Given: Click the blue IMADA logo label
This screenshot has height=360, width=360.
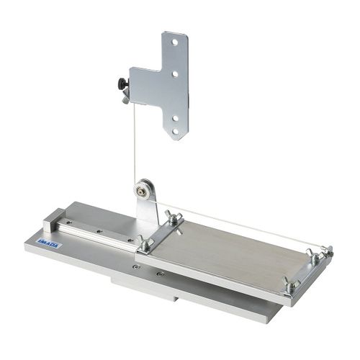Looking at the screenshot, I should coord(50,243).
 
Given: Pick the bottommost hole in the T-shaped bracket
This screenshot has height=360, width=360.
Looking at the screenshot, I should coord(174,120).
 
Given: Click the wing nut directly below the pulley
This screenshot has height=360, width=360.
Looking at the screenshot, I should coord(174,217).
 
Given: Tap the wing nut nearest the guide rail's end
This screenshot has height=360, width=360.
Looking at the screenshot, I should coord(145,243).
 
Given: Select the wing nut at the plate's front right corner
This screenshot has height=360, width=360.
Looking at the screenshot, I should coord(290,285).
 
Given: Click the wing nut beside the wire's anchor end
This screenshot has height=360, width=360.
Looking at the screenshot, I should coord(315,255).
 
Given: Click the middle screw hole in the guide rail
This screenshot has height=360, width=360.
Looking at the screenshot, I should coord(100,231).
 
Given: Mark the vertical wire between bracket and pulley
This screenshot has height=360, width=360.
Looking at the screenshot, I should coord(134,144).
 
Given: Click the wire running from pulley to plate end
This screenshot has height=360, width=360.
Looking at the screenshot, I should coord(238,224).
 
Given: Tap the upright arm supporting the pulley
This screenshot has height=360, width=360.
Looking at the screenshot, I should coord(147,212).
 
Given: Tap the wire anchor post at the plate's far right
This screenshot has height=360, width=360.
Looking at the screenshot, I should coord(328,251).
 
